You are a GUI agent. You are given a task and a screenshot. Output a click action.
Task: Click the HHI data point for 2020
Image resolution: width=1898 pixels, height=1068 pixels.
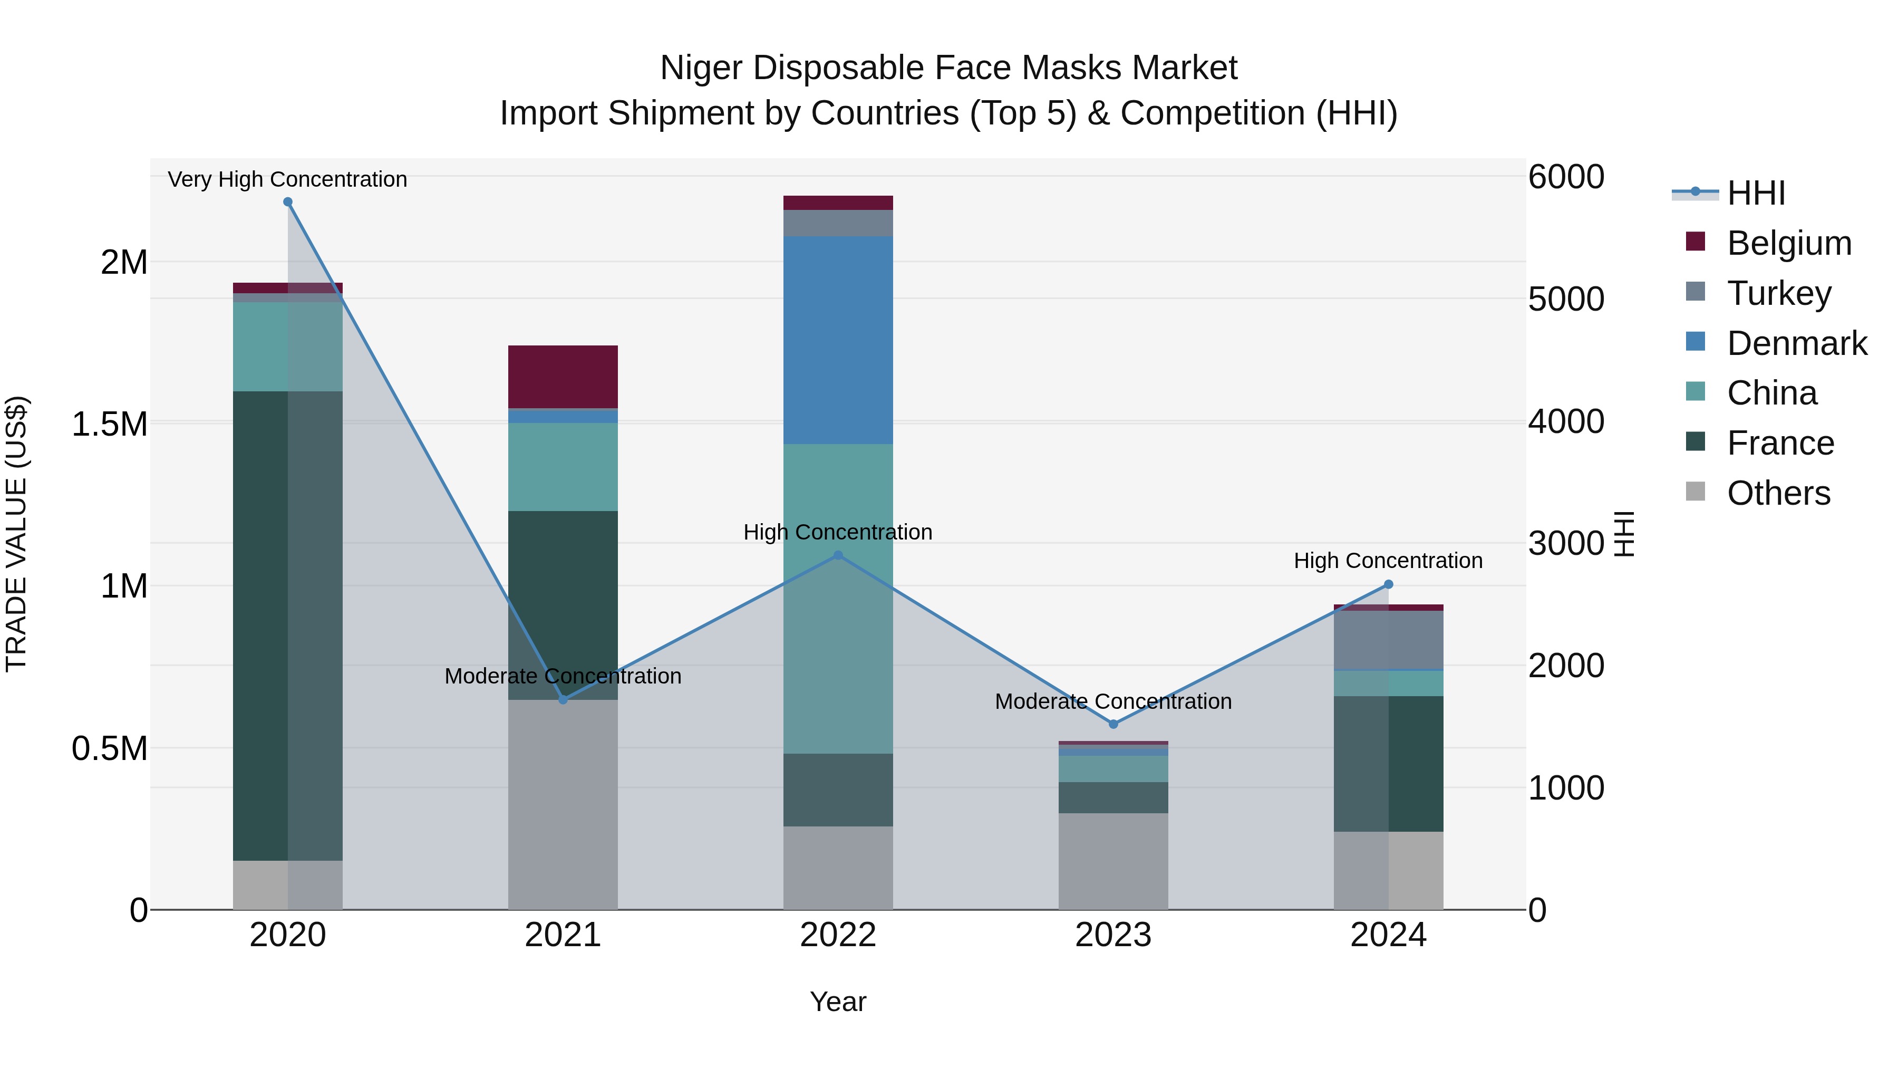click(x=287, y=202)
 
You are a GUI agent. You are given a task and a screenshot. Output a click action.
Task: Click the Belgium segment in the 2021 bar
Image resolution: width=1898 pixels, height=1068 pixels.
click(x=563, y=377)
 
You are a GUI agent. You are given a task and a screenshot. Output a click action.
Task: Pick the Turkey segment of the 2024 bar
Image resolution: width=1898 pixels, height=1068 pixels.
click(x=1388, y=640)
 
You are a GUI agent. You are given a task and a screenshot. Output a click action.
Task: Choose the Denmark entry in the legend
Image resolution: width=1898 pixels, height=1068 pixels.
click(x=1796, y=343)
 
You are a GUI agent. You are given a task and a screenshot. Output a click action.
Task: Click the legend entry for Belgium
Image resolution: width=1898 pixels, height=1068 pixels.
click(x=1788, y=243)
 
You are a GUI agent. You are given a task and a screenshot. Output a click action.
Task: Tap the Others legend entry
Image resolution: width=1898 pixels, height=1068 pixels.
click(x=1778, y=493)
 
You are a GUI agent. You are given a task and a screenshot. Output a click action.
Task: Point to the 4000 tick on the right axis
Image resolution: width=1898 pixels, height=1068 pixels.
click(x=1566, y=421)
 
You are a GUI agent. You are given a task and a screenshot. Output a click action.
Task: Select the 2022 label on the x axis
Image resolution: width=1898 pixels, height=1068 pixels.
click(x=838, y=935)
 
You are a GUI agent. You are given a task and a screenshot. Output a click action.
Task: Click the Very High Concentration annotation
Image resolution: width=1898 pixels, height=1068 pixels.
click(x=287, y=179)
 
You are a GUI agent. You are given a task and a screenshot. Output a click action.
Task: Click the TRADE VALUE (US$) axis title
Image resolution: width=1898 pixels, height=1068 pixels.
click(x=16, y=534)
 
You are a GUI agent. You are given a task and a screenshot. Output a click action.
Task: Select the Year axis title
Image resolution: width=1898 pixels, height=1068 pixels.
click(x=838, y=1002)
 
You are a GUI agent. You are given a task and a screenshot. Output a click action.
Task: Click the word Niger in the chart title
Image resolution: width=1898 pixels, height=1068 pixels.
click(x=700, y=68)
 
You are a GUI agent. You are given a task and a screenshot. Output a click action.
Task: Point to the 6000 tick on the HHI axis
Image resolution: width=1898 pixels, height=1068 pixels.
click(x=1566, y=177)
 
